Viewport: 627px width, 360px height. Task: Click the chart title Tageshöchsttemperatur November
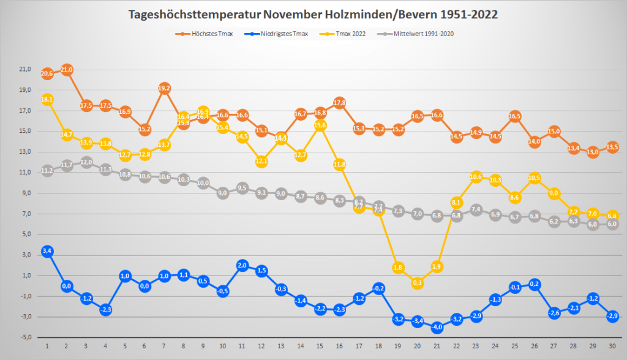click(313, 15)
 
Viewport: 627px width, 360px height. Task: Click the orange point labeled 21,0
click(67, 70)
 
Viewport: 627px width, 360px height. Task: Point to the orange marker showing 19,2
click(164, 88)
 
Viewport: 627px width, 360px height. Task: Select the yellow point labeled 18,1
click(47, 100)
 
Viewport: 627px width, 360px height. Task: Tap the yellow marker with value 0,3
click(418, 283)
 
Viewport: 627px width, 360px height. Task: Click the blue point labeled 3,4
click(47, 251)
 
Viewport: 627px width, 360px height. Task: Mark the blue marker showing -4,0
click(437, 327)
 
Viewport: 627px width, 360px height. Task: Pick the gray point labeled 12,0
click(86, 162)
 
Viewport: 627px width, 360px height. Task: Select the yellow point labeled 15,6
click(320, 126)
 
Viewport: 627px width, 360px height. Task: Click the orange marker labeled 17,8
click(340, 102)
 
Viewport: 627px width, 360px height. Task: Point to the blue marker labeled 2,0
click(242, 265)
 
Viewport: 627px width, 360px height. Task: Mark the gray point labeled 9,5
click(242, 188)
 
